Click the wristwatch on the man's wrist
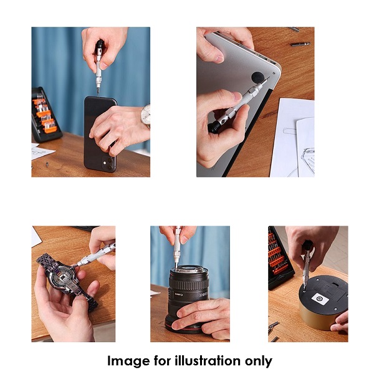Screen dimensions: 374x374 pos(145,116)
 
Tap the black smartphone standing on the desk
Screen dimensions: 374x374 pos(100,133)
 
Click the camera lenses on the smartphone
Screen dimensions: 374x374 pos(107,163)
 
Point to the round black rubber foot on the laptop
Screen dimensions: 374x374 pos(258,77)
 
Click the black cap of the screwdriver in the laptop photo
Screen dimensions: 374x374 pos(213,128)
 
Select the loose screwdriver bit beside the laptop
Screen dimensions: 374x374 pos(300,44)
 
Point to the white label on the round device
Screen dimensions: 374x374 pos(320,299)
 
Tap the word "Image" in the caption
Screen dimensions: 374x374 pos(128,361)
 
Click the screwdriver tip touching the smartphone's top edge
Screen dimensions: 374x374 pos(98,93)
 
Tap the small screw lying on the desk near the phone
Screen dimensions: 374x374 pos(47,164)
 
